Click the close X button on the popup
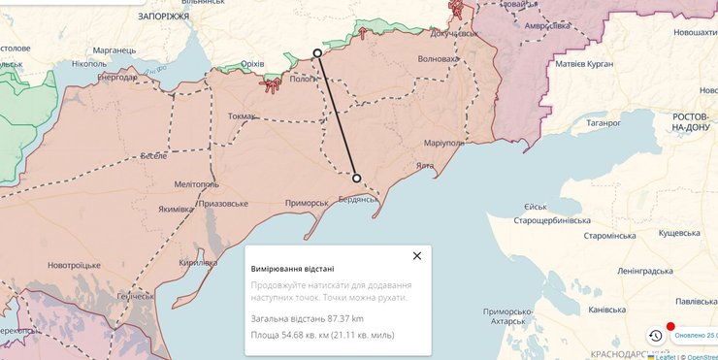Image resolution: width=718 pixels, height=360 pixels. (417, 256)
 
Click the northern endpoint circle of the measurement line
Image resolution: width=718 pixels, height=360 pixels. (317, 53)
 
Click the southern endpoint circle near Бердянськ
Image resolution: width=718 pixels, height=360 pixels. (357, 179)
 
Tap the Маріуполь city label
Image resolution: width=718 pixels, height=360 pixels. (443, 144)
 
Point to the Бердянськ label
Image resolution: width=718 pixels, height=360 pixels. (358, 200)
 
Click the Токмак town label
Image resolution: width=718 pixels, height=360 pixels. (242, 116)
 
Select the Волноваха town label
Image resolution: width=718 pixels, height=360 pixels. (438, 59)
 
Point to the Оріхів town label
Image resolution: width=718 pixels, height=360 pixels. (252, 64)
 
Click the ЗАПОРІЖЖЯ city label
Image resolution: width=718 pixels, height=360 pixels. (164, 17)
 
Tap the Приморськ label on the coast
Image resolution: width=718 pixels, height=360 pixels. (309, 203)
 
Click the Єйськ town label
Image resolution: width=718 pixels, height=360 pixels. (536, 207)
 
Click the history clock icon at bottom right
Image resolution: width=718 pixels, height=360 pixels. (655, 336)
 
